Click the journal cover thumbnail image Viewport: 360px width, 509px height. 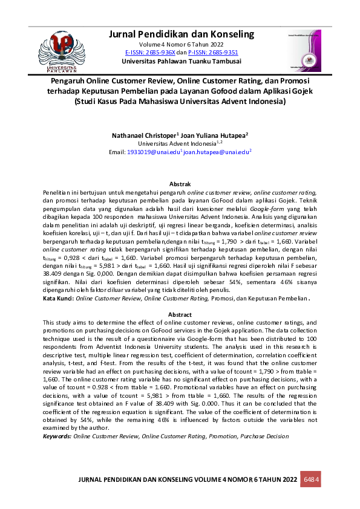tap(305, 50)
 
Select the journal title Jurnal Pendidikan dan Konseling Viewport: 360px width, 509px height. tap(181, 34)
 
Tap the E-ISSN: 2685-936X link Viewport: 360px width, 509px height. tap(150, 53)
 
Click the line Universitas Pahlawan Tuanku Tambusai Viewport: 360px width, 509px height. tap(181, 62)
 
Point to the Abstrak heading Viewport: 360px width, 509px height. tap(180, 183)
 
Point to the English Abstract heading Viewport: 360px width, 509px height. tap(180, 314)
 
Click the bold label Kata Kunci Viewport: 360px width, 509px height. tap(58, 299)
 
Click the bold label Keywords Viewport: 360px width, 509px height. tap(57, 435)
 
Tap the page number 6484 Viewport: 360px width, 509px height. tap(311, 479)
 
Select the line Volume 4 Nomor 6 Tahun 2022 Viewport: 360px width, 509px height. tap(181, 45)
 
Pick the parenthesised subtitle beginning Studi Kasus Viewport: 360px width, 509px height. tap(180, 102)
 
